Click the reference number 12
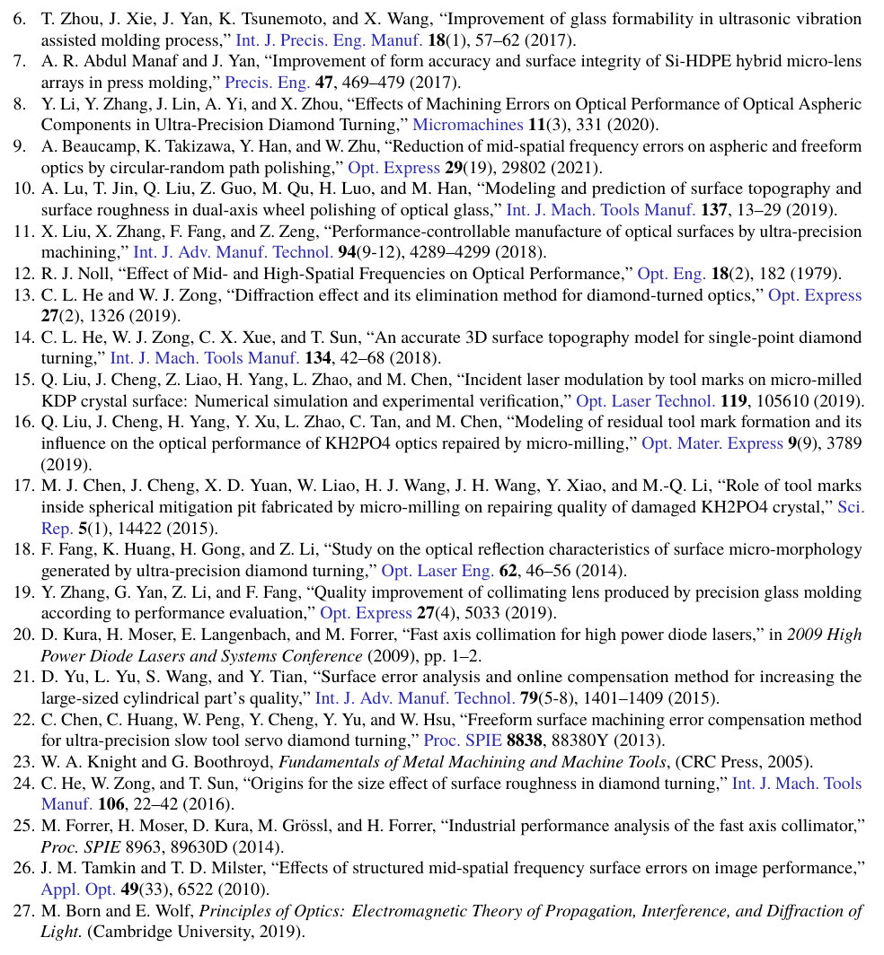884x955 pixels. (x=22, y=274)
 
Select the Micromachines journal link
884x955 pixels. (x=467, y=125)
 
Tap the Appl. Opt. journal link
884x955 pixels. (x=78, y=889)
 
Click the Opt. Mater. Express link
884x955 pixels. (x=712, y=443)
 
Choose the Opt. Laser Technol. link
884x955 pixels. (x=645, y=401)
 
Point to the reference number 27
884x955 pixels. (x=22, y=910)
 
